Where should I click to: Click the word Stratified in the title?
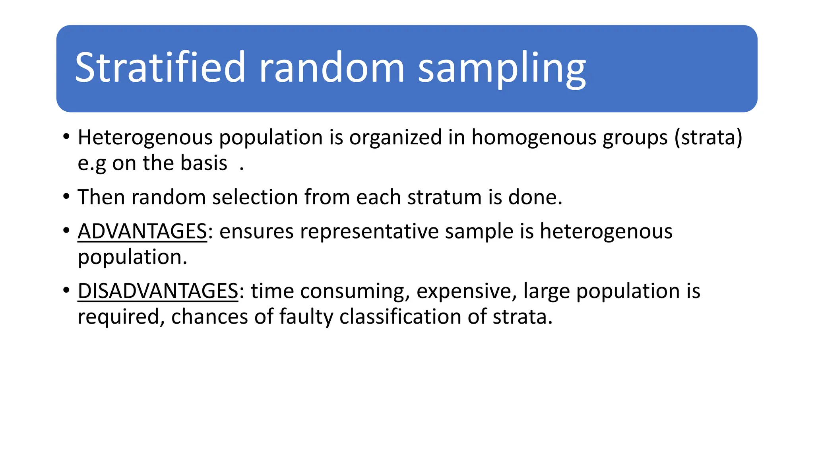(x=160, y=68)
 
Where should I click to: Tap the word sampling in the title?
(x=502, y=68)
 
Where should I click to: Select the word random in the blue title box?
(x=331, y=68)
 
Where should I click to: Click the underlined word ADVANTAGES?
(x=142, y=231)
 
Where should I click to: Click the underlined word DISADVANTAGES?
(x=158, y=291)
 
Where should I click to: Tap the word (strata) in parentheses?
(x=708, y=138)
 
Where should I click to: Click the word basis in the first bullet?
(x=203, y=163)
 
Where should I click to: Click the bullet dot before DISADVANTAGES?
(x=66, y=290)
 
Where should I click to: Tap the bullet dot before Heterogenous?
(x=66, y=137)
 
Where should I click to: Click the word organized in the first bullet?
(x=395, y=138)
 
